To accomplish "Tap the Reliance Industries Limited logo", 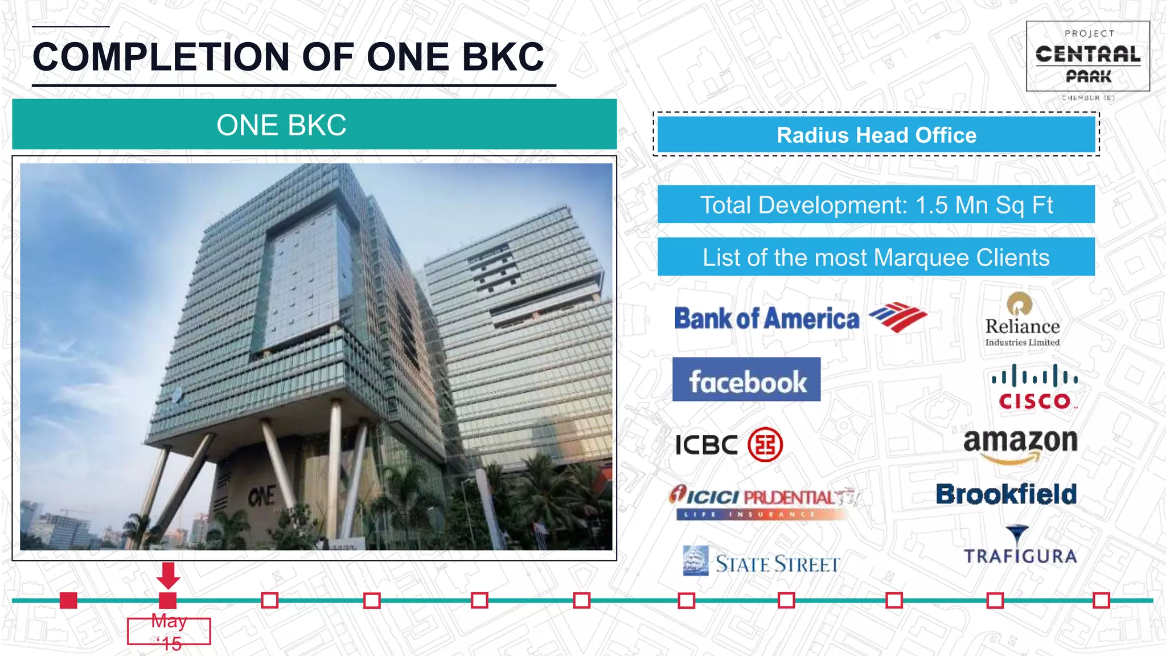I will coord(1022,320).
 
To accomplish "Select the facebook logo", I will coord(746,380).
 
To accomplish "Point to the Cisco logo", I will coord(1034,387).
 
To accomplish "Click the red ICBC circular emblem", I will coord(765,444).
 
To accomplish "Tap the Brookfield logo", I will coord(1007,494).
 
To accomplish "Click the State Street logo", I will coord(762,562).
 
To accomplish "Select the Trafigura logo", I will coord(1020,546).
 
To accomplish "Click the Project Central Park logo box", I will coord(1087,57).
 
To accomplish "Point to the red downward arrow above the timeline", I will coord(168,575).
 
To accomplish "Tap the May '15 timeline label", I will coord(169,632).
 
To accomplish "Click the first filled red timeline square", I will coord(68,600).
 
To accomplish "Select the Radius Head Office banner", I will coord(876,135).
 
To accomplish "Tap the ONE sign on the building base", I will coord(262,496).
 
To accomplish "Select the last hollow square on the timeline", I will coord(1101,600).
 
